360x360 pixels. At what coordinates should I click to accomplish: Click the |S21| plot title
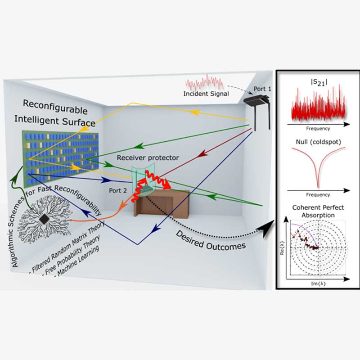[318, 80]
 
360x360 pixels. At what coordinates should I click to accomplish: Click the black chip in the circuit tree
[45, 219]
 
